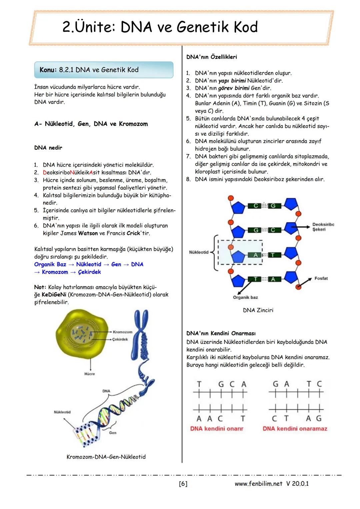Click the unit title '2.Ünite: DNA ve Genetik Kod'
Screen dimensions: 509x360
point(160,27)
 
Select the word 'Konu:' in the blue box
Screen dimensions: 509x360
point(48,70)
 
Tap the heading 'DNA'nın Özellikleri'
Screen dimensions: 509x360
point(212,57)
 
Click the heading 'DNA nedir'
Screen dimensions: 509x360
point(48,148)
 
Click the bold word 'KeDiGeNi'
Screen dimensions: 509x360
point(54,295)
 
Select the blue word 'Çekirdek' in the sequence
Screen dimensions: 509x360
point(89,272)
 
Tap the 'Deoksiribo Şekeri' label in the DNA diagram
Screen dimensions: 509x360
point(323,227)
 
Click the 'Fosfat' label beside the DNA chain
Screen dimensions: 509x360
point(321,278)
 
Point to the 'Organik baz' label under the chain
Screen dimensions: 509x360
point(245,297)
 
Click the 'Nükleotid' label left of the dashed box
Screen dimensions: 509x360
point(199,252)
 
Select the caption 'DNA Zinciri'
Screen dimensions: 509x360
point(258,310)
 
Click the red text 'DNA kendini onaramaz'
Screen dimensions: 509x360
point(295,429)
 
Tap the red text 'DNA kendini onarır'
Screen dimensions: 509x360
point(217,429)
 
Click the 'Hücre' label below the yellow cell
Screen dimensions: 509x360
point(89,374)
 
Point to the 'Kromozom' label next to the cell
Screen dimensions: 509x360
point(123,332)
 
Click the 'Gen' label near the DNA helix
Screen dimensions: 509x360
point(113,433)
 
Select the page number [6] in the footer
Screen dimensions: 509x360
point(183,484)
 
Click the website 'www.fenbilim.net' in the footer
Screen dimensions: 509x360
point(258,484)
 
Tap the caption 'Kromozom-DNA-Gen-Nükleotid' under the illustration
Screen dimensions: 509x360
point(106,457)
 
